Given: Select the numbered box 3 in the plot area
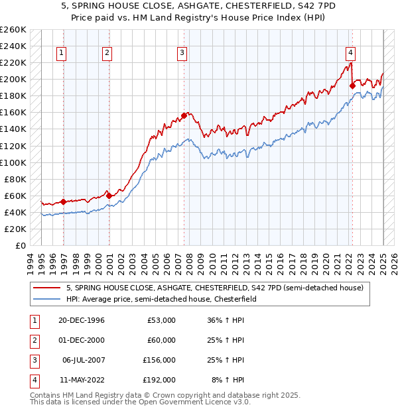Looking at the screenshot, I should click(182, 54).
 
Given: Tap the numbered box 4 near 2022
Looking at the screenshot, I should click(350, 54).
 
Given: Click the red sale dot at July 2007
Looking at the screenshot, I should click(184, 115).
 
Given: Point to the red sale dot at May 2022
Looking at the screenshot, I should click(352, 86).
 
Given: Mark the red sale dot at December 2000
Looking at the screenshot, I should click(109, 195).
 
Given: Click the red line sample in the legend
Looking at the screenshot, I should click(47, 288).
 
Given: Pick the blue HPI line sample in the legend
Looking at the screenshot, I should click(47, 299).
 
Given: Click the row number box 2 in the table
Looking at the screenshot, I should click(33, 341).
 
